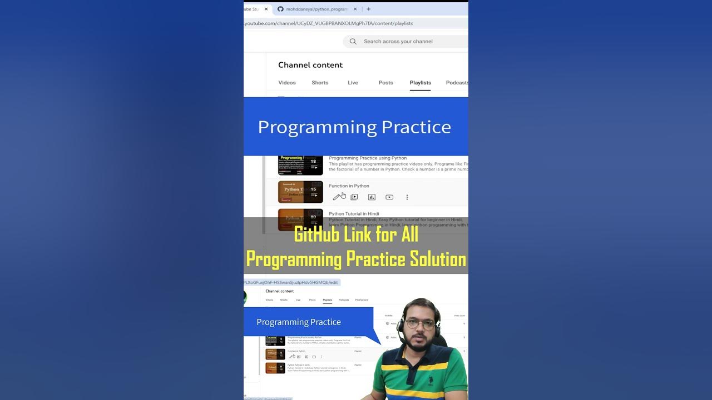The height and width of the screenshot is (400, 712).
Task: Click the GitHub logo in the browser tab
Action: (x=280, y=9)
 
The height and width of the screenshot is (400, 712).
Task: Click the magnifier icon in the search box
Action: (x=353, y=41)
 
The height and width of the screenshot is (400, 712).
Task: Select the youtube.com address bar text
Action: (x=328, y=23)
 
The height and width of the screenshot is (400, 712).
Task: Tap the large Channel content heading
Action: (x=310, y=65)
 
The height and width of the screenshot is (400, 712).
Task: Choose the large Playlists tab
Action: (x=420, y=83)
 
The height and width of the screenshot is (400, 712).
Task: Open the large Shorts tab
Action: (x=320, y=83)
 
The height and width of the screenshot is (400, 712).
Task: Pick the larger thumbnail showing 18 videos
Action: (x=300, y=165)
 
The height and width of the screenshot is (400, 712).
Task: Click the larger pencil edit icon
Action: (x=336, y=197)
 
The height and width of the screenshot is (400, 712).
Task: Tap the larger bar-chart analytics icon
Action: (x=372, y=197)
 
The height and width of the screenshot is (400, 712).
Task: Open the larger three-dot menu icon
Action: (x=407, y=197)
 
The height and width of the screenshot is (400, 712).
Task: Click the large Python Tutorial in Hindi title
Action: (x=354, y=213)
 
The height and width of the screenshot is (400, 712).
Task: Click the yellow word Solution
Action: (x=438, y=259)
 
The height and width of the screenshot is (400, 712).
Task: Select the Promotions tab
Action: (x=362, y=300)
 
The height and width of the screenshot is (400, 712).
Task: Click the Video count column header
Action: (x=459, y=316)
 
